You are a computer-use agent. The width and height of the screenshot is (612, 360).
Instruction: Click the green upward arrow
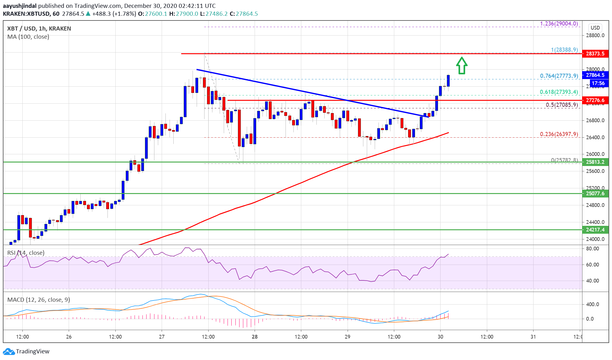(462, 66)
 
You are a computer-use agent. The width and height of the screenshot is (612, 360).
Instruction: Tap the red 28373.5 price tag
(595, 54)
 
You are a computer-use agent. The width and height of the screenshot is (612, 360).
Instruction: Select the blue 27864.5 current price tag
(595, 75)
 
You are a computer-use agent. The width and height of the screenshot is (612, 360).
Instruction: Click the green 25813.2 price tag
(595, 162)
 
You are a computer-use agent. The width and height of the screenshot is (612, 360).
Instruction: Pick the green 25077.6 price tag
(595, 193)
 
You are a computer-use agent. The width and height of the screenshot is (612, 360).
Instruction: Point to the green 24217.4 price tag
(595, 230)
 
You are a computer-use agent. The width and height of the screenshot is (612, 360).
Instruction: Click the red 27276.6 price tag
(595, 100)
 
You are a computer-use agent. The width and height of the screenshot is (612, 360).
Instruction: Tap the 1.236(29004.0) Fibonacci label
(559, 24)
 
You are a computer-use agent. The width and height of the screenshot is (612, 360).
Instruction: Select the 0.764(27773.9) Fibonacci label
(559, 76)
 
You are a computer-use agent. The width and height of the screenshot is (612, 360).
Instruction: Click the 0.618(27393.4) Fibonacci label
(559, 92)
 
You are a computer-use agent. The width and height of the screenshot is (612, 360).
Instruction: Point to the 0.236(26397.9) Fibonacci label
(559, 134)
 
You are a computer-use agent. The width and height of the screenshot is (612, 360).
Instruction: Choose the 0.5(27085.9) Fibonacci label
(562, 105)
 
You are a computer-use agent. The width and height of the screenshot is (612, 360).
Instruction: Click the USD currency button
(595, 28)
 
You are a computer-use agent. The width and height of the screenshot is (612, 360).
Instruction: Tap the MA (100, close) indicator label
(28, 37)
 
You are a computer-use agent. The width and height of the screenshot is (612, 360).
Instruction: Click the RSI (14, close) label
(26, 253)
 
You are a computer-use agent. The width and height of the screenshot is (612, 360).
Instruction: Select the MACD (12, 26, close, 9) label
(38, 300)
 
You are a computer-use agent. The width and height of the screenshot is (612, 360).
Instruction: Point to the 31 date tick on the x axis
(533, 337)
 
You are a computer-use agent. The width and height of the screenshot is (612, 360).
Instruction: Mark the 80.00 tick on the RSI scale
(592, 249)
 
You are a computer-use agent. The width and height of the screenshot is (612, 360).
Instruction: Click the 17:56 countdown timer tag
(598, 83)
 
